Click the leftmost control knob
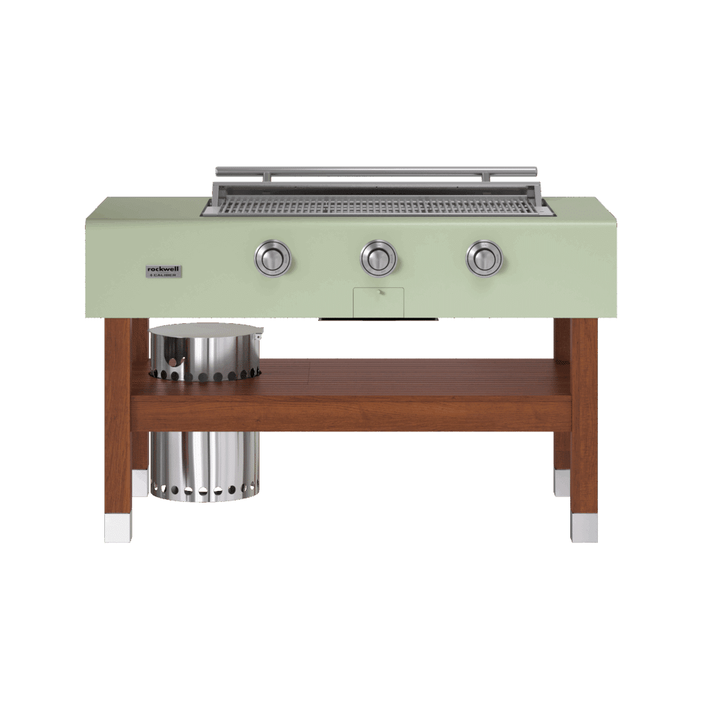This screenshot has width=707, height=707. pyautogui.click(x=273, y=259)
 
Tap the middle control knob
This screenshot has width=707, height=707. pyautogui.click(x=378, y=258)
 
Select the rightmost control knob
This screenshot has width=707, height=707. pyautogui.click(x=484, y=258)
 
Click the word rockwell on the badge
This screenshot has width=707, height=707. pyautogui.click(x=164, y=269)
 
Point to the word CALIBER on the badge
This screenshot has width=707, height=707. pyautogui.click(x=166, y=275)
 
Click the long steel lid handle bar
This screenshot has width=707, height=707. pyautogui.click(x=376, y=171)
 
